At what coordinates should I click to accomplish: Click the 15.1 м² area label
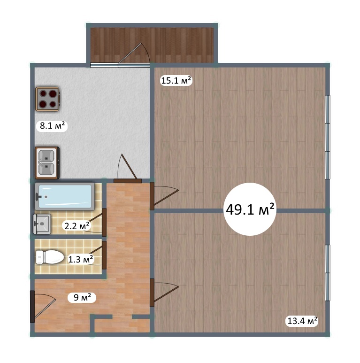(176, 81)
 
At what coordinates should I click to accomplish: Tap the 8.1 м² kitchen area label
(52, 126)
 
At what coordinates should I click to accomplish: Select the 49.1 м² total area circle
(250, 209)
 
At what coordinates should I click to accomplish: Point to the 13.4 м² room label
(302, 321)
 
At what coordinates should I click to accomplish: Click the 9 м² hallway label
(82, 297)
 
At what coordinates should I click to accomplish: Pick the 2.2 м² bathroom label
(77, 226)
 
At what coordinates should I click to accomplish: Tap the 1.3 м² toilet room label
(81, 259)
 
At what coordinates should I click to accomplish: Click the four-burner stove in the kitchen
(47, 99)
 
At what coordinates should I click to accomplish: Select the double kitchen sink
(47, 163)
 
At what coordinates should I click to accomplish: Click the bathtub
(65, 197)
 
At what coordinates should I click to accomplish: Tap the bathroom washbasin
(42, 224)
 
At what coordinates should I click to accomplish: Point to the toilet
(50, 257)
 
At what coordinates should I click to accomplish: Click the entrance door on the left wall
(43, 307)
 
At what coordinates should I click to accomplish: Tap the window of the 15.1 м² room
(327, 137)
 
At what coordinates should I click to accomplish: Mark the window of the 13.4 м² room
(327, 273)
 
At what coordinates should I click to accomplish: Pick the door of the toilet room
(97, 255)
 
